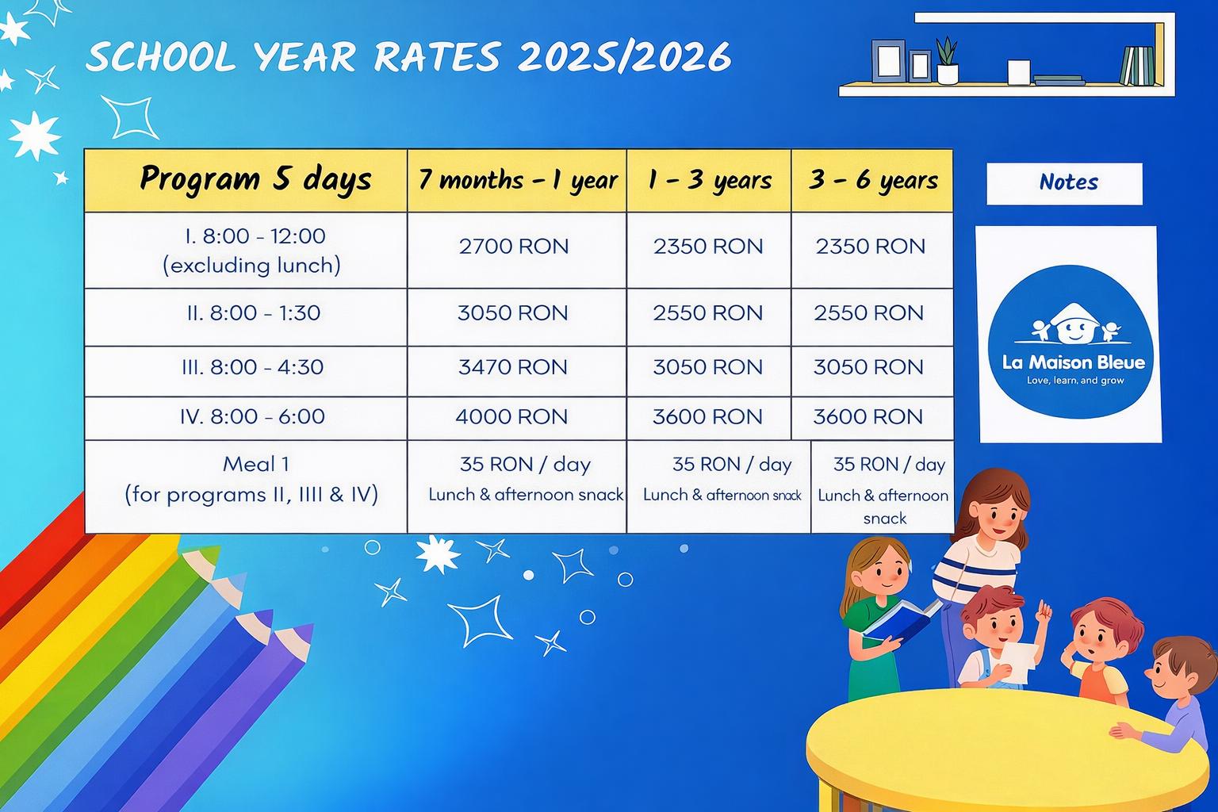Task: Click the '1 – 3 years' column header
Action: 709,180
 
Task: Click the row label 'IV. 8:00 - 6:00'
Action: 252,416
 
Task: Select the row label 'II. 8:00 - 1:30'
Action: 254,313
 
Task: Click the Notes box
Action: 1064,184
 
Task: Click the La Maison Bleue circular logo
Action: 1070,342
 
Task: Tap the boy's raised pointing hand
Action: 1044,612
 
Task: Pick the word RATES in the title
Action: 437,56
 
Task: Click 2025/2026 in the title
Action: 624,56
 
